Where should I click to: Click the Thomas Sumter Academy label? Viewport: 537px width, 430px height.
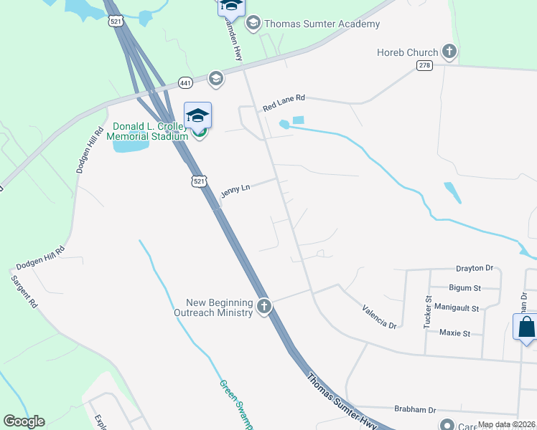tap(322, 24)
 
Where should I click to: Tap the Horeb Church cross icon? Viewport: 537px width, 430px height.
tap(449, 52)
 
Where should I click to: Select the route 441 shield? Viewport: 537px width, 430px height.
tap(186, 84)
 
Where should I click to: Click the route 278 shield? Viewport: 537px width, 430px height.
tap(424, 65)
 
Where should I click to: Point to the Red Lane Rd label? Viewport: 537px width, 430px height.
tap(284, 102)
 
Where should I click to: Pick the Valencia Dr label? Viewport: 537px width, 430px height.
tap(380, 316)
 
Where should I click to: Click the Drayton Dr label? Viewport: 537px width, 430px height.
tap(475, 268)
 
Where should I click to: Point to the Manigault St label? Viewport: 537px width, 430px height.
tap(457, 308)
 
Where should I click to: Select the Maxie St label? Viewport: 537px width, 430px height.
tap(454, 333)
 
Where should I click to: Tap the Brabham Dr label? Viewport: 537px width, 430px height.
tap(415, 410)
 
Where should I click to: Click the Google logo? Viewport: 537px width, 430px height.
tap(24, 421)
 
